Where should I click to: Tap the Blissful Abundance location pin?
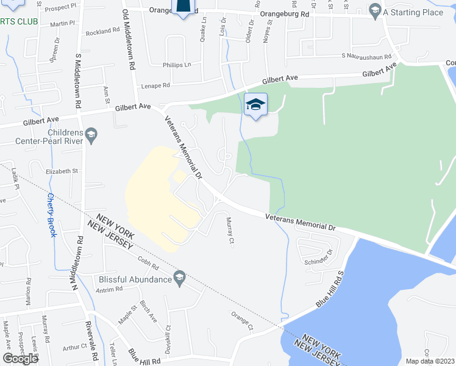click(x=179, y=279)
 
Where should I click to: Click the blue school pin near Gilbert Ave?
click(x=255, y=105)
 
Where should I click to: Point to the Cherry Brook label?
click(x=51, y=215)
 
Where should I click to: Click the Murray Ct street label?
click(x=230, y=232)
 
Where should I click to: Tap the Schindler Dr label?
click(x=319, y=256)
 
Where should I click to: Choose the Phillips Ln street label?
click(x=177, y=65)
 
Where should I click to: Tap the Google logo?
click(x=20, y=358)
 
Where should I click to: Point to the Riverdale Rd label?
click(x=97, y=342)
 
